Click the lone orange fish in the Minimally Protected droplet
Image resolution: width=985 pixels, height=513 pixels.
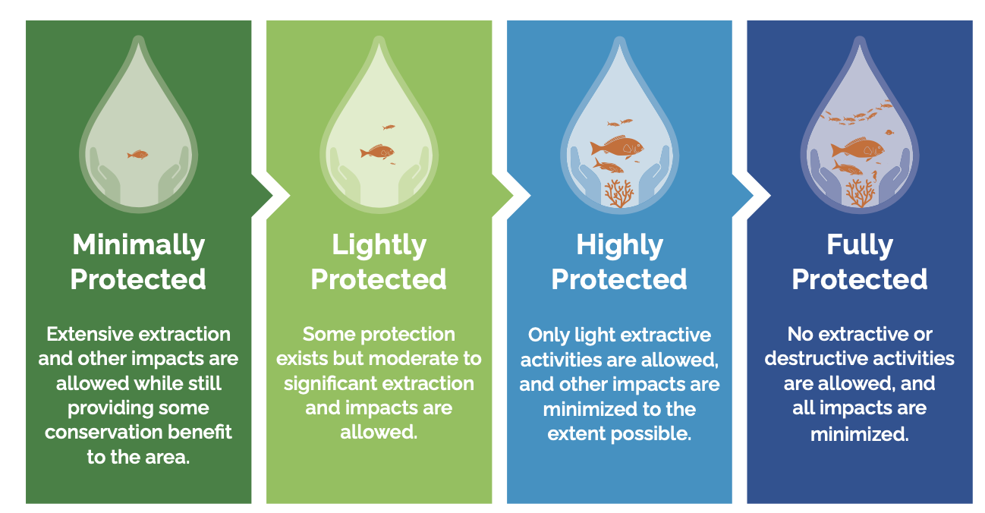[137, 154]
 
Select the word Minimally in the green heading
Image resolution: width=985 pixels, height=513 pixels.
[139, 246]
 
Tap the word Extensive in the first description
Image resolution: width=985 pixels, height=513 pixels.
[84, 335]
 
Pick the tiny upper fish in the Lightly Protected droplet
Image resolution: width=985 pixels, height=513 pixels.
[389, 127]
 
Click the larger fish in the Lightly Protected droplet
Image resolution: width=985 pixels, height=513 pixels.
[377, 152]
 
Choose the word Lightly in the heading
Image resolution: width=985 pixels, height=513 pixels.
[379, 246]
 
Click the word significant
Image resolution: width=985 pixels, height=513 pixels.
[326, 384]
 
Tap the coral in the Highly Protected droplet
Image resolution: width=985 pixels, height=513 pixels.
[618, 194]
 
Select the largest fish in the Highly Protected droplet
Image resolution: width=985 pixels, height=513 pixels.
[617, 146]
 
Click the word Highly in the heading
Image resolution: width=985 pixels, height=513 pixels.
[619, 246]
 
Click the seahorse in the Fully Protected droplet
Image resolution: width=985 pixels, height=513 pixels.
[875, 177]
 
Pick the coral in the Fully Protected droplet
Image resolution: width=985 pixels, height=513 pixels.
[860, 194]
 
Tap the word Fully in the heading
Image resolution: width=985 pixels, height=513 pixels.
[860, 246]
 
